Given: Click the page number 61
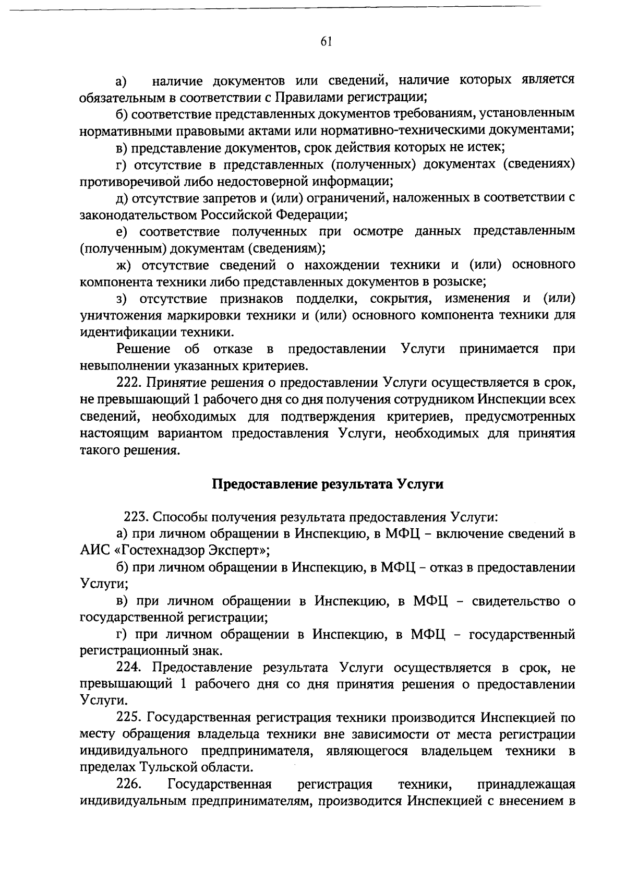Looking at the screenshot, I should click(326, 42).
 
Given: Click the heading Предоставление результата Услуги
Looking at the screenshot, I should click(328, 484).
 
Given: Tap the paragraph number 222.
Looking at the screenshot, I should click(129, 383).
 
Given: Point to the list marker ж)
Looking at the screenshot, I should click(122, 265).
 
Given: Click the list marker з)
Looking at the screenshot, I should click(122, 299).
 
